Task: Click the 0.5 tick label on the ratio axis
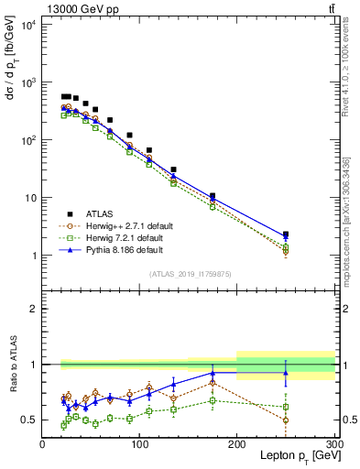pyautogui.click(x=29, y=420)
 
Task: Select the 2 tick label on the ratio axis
pyautogui.click(x=34, y=310)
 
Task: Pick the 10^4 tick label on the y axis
pyautogui.click(x=28, y=24)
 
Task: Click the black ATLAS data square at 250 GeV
pyautogui.click(x=286, y=234)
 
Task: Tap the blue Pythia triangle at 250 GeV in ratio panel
pyautogui.click(x=286, y=373)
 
